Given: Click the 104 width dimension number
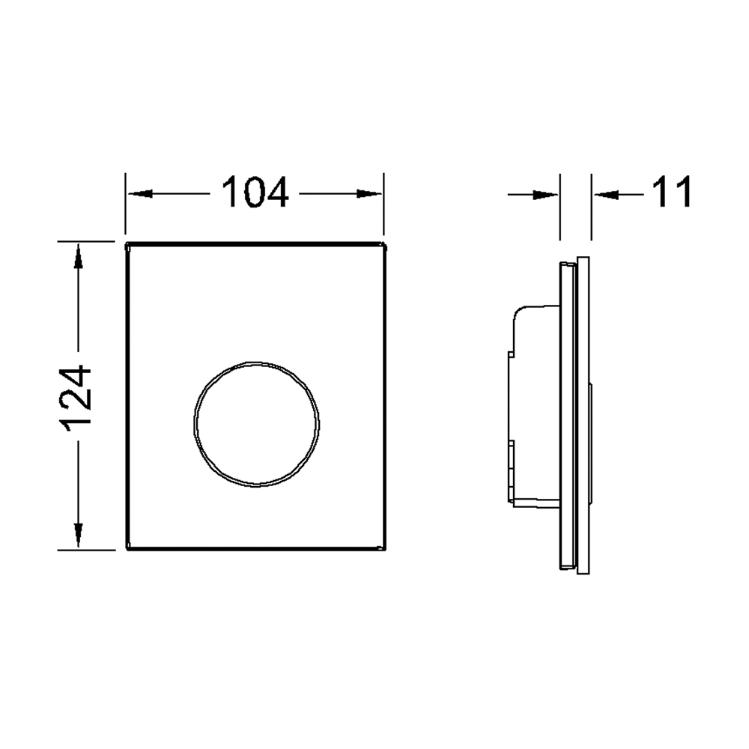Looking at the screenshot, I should tap(255, 194).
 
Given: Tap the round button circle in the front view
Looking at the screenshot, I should tap(256, 424).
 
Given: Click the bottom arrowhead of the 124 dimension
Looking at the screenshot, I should tap(78, 535).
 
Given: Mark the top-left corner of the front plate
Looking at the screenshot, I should tap(126, 243).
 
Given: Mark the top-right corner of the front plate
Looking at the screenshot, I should tap(384, 243).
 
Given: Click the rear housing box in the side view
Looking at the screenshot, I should tap(533, 408).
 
